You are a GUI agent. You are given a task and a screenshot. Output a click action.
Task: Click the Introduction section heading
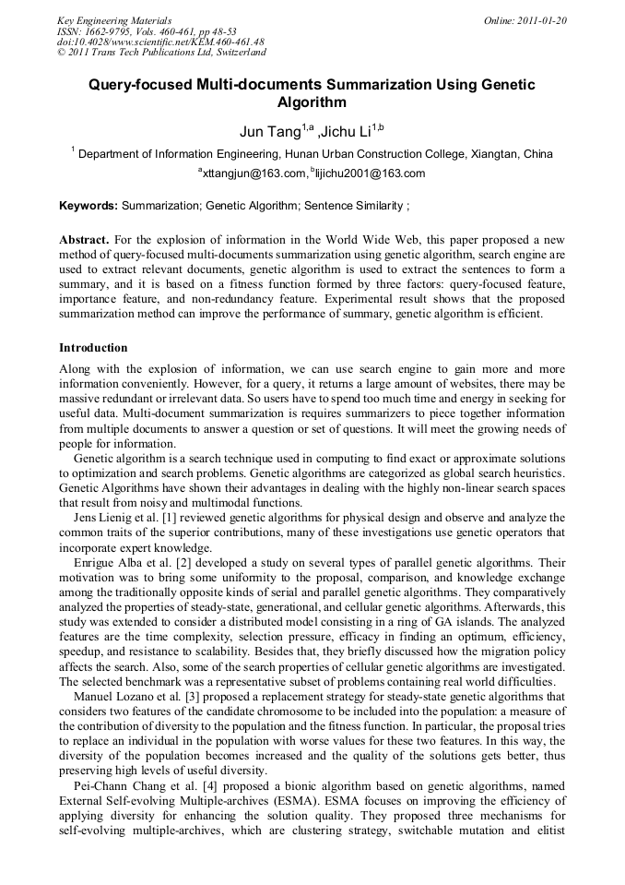point(93,348)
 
